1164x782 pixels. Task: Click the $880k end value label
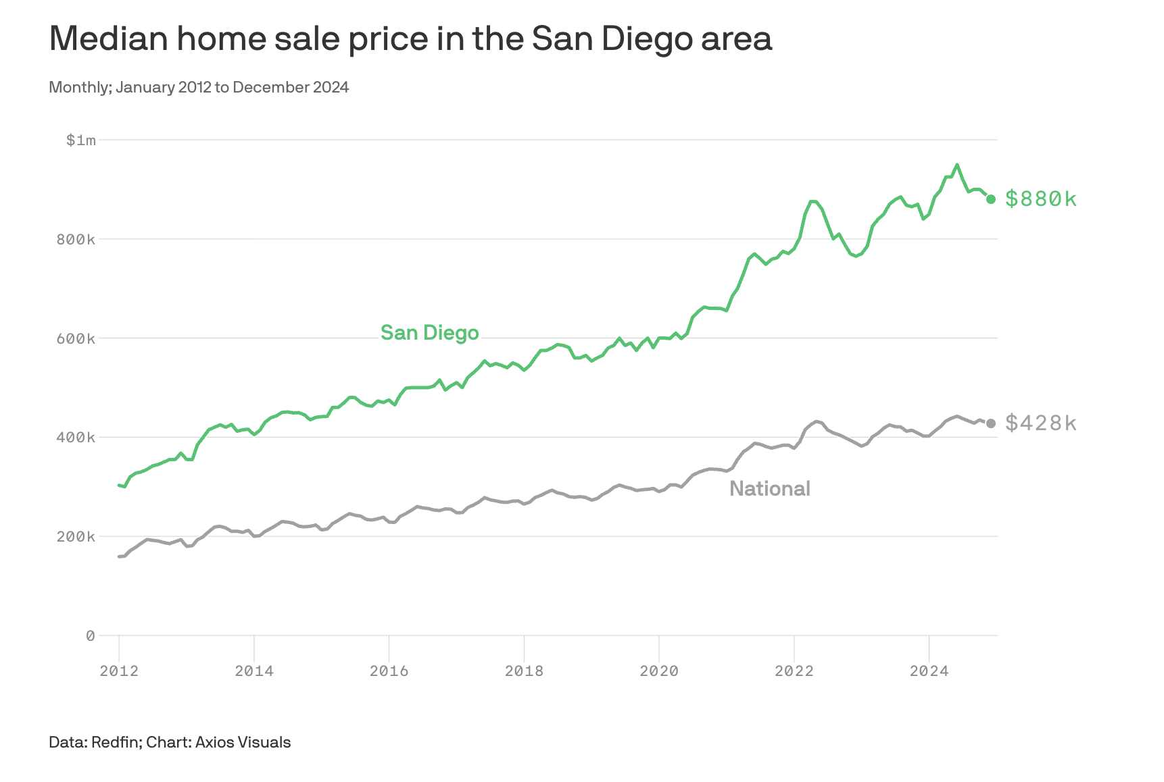pyautogui.click(x=1040, y=199)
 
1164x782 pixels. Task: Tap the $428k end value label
pyautogui.click(x=1040, y=423)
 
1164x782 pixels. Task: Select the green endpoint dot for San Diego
pyautogui.click(x=991, y=199)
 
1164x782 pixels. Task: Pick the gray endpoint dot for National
pyautogui.click(x=991, y=423)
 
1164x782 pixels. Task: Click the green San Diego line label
pyautogui.click(x=429, y=333)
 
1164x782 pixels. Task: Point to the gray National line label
pyautogui.click(x=769, y=488)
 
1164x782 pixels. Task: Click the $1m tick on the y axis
pyautogui.click(x=80, y=140)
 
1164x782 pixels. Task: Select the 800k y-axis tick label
pyautogui.click(x=76, y=240)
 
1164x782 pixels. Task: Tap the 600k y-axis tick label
pyautogui.click(x=76, y=338)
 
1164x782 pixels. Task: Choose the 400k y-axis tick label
pyautogui.click(x=76, y=438)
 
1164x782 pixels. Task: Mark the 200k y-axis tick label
pyautogui.click(x=76, y=537)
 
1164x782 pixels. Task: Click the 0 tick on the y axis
pyautogui.click(x=91, y=635)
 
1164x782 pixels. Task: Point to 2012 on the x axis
pyautogui.click(x=119, y=671)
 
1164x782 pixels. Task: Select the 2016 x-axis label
pyautogui.click(x=389, y=671)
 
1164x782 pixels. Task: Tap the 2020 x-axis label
pyautogui.click(x=659, y=671)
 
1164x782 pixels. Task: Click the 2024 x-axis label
pyautogui.click(x=929, y=671)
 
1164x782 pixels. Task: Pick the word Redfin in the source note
pyautogui.click(x=114, y=742)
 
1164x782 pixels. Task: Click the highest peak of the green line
pyautogui.click(x=956, y=165)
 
